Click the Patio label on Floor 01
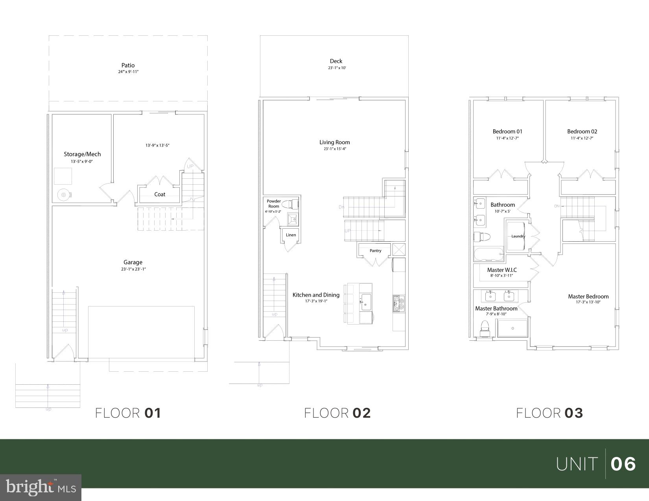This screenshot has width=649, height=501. (128, 65)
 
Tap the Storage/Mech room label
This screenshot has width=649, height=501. (82, 154)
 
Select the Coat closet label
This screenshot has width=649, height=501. (160, 194)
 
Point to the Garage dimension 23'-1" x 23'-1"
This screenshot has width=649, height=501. (133, 269)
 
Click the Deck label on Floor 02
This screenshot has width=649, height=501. (336, 61)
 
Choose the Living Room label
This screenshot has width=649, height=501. (334, 142)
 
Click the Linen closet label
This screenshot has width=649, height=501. (291, 235)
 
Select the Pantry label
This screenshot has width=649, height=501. (375, 251)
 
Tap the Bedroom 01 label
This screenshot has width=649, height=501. (507, 131)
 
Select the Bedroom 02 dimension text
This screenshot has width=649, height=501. (582, 138)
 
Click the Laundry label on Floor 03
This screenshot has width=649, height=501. (518, 236)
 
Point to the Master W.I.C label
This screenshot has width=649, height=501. (502, 270)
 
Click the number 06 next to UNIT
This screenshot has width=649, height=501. (623, 464)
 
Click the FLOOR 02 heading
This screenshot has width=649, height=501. (337, 413)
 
